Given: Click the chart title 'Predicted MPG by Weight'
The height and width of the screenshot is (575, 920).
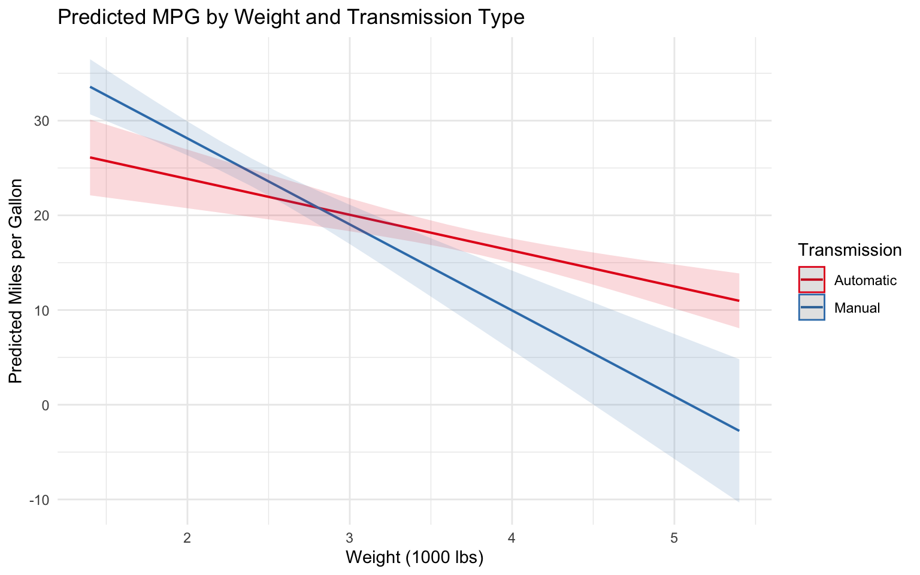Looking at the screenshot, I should coord(291,18).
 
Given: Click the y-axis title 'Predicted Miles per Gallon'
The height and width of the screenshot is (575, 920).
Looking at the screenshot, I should coord(16,281).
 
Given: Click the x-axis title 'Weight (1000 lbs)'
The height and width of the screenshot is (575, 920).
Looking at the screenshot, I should coord(414,558).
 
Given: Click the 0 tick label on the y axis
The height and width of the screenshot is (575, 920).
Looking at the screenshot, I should coord(45,405).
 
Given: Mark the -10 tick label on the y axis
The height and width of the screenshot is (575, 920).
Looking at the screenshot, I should coord(40,500).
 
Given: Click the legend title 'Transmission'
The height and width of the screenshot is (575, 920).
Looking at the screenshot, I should coord(850,250).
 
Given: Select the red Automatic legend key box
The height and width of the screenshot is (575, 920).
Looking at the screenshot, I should coord(812,280).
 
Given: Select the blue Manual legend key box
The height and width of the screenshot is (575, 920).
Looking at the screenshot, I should coord(812,307).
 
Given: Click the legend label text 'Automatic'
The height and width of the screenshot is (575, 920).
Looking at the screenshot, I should coord(865,280).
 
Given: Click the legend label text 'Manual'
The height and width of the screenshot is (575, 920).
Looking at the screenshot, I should coord(857,308).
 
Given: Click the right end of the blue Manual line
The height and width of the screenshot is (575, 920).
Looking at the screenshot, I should coord(739,431).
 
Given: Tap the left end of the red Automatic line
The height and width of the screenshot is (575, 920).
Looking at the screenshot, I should coord(90,158).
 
